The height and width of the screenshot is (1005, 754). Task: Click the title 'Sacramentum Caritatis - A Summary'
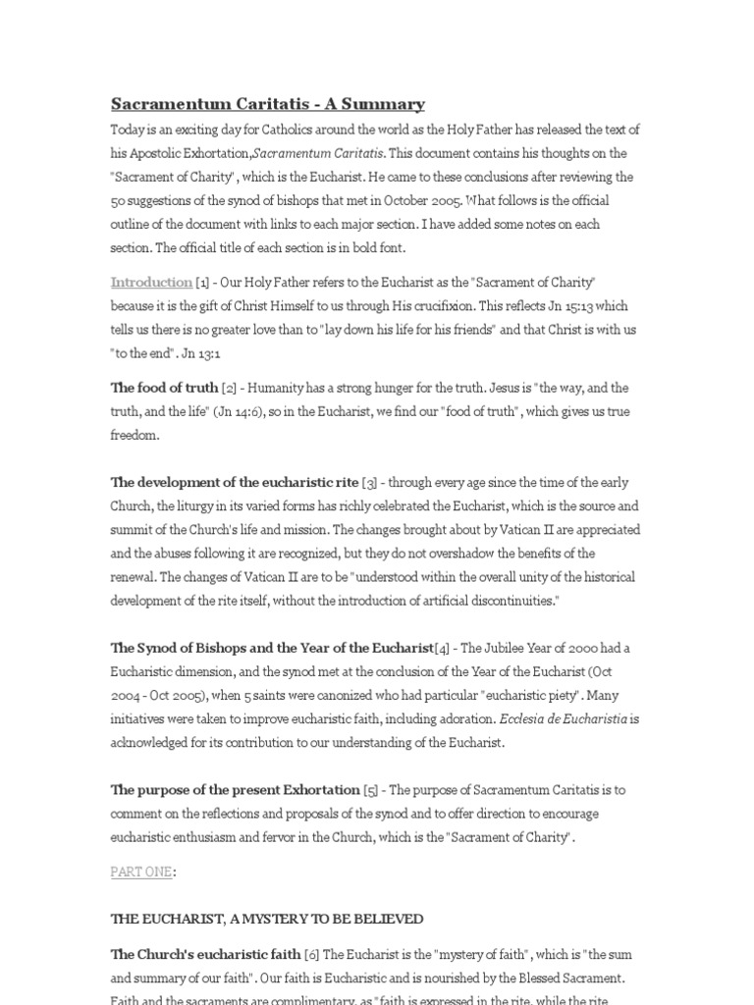coord(267,103)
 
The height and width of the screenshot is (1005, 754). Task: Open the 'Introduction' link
coord(151,283)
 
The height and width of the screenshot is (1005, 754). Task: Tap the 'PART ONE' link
coord(141,872)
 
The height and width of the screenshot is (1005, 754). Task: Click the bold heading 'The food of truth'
coord(163,388)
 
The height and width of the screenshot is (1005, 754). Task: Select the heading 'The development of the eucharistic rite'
coord(235,483)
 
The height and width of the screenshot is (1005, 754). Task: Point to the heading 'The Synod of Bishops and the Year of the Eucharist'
coord(272,648)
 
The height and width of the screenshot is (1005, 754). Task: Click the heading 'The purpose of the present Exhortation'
coord(235,789)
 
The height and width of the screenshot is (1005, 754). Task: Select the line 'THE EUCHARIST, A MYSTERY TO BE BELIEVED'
coord(267,919)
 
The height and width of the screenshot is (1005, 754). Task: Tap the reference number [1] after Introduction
coord(202,283)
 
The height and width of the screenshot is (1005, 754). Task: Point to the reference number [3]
coord(370,483)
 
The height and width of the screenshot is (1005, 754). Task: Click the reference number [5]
coord(371,789)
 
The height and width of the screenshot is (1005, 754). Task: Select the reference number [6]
coord(312,954)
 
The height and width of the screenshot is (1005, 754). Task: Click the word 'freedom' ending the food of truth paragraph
coord(134,435)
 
